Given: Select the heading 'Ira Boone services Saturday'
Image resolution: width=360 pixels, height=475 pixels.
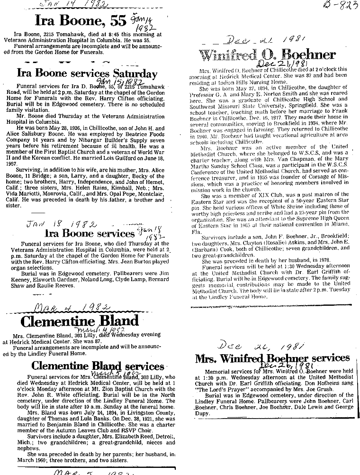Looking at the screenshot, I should (87, 73).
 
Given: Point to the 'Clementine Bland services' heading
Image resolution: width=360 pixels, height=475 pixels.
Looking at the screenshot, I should (98, 366).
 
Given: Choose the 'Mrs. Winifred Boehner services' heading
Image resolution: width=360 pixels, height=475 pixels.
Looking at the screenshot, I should (272, 358).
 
